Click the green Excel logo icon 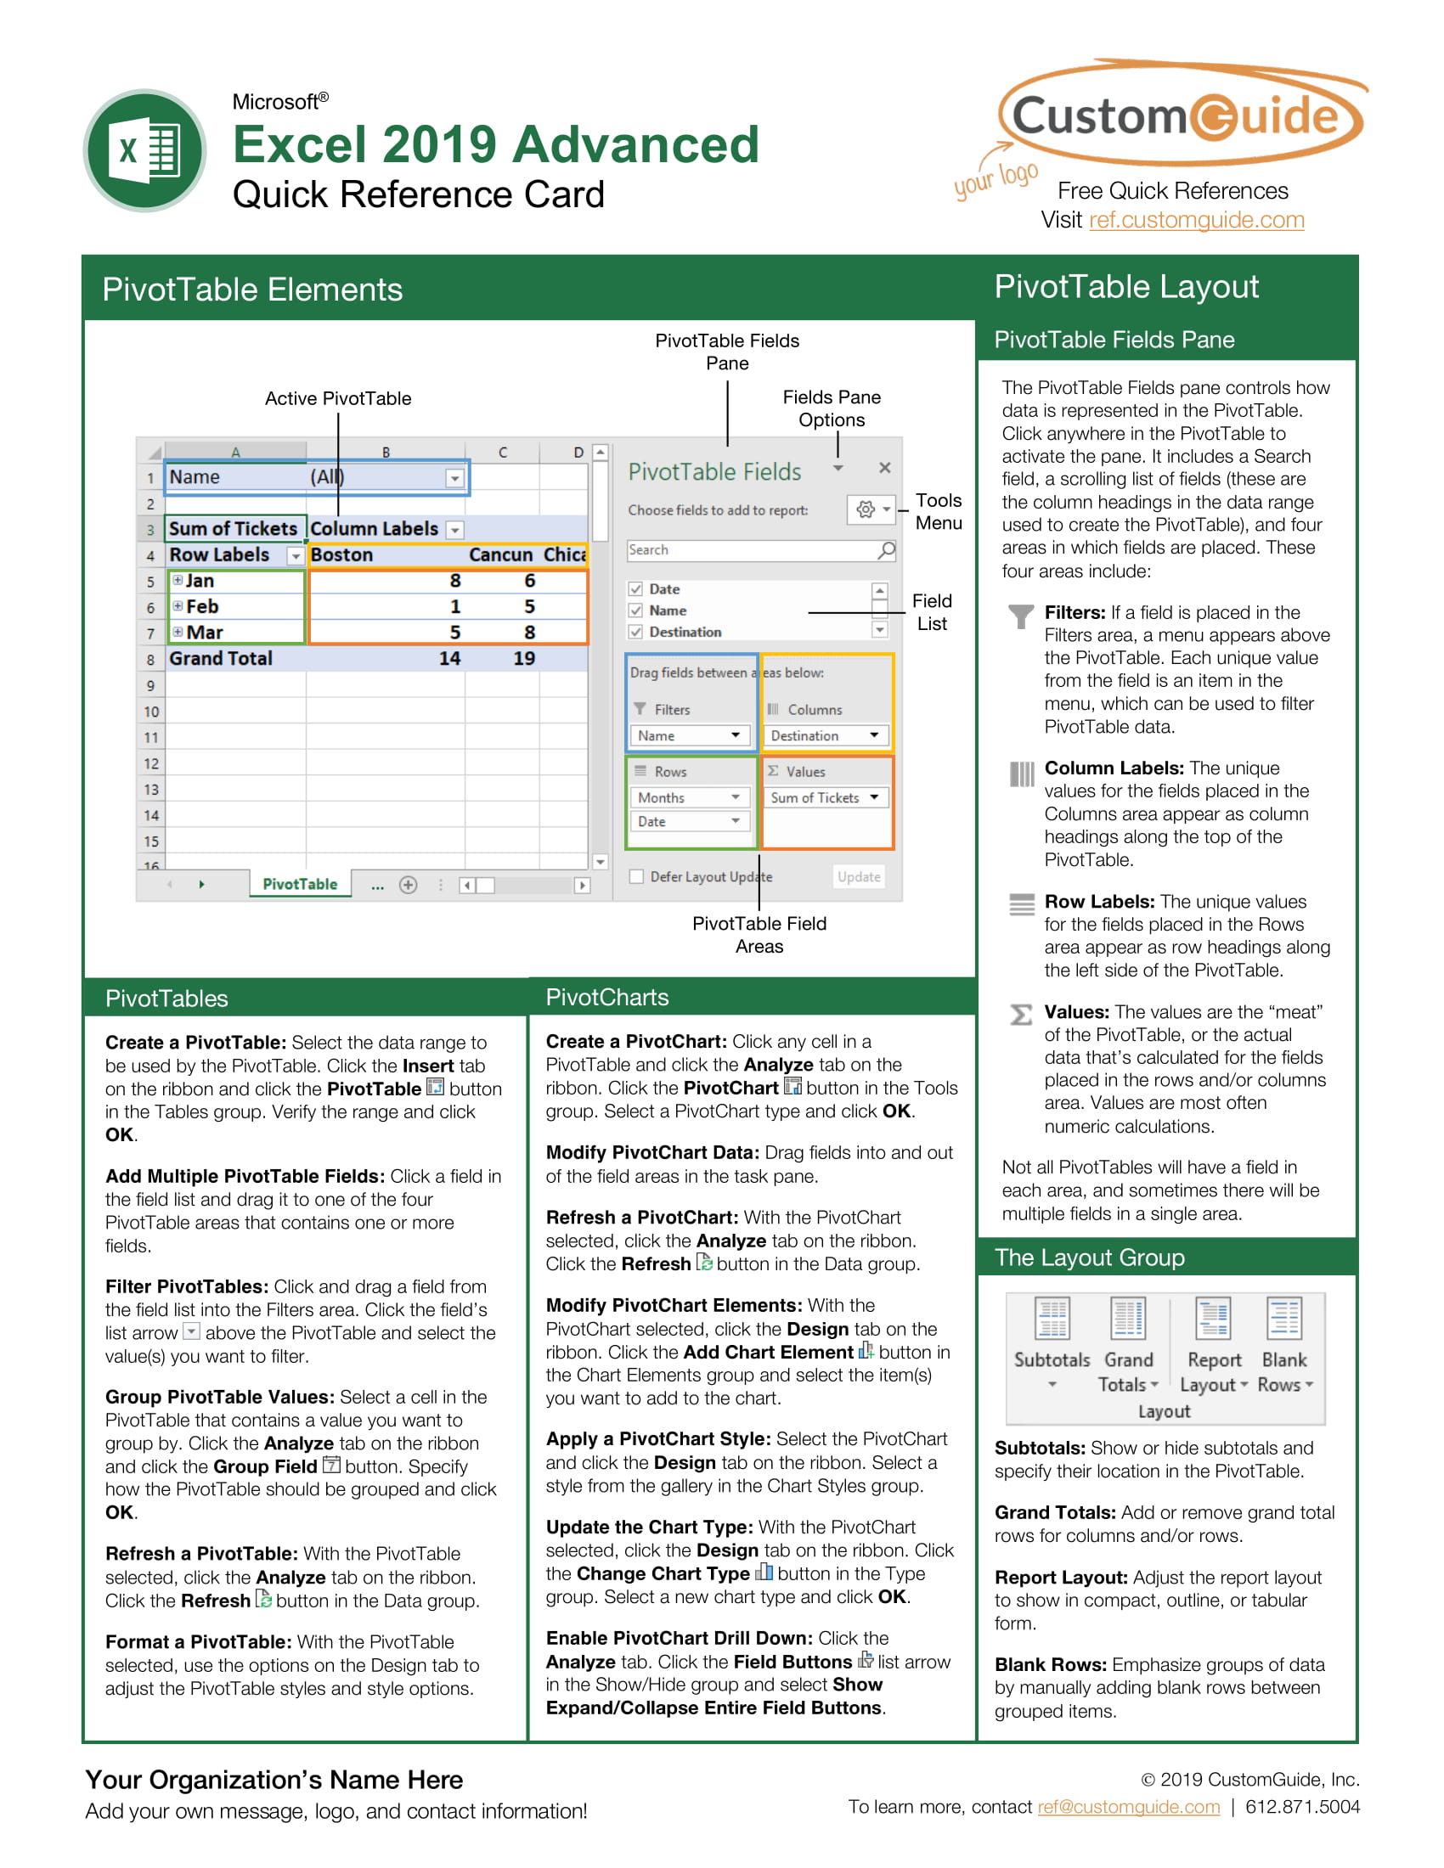tap(144, 150)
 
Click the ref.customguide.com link tap(1195, 220)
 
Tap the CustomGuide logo tap(1181, 115)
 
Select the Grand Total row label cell tap(221, 659)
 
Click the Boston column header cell tap(342, 555)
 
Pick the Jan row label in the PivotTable tap(200, 581)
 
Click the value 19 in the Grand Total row tap(523, 659)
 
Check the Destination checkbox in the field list tap(635, 632)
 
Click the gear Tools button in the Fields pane tap(866, 509)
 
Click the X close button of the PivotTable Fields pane tap(884, 468)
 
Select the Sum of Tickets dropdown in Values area tap(825, 798)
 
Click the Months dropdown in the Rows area tap(689, 798)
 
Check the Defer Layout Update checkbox tap(636, 877)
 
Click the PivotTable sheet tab tap(299, 885)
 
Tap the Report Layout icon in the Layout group tap(1213, 1318)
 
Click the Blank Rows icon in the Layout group tap(1284, 1318)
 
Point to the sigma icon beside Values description tap(1020, 1015)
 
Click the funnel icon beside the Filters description tap(1020, 616)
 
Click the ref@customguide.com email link tap(1128, 1806)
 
